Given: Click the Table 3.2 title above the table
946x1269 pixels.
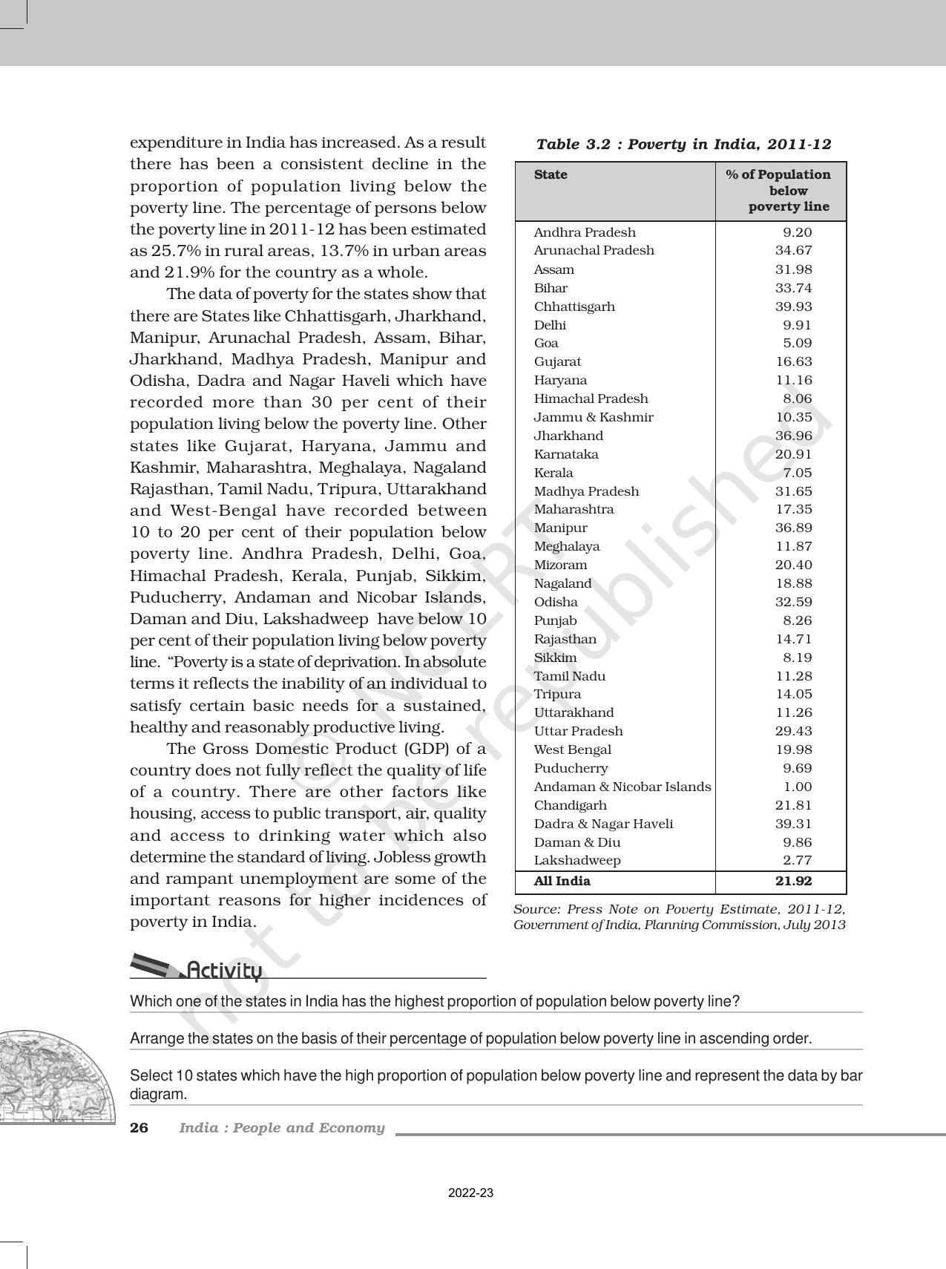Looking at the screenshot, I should [683, 144].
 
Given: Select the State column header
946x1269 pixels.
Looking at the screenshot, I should [551, 175].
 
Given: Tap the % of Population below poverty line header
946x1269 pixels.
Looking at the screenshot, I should [778, 191].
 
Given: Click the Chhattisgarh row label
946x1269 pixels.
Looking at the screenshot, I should [574, 306].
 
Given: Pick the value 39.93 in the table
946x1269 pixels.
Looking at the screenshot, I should [793, 306].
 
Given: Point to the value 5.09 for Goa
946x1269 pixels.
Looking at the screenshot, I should [797, 343].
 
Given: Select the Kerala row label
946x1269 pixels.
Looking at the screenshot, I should [554, 473].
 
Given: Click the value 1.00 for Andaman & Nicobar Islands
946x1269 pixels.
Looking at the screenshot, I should [797, 787].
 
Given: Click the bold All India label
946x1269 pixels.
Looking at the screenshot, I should [562, 882].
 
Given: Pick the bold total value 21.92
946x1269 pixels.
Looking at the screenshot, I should [793, 882].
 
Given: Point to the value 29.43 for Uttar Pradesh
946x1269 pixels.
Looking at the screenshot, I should [793, 731].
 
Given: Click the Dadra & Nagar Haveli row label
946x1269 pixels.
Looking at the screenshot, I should [603, 824].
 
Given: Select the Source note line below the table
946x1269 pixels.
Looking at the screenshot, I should [680, 916].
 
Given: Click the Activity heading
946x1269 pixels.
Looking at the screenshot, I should [224, 970].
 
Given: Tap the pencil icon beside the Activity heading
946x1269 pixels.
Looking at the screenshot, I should [156, 965].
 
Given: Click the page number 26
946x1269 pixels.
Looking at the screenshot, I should [139, 1128].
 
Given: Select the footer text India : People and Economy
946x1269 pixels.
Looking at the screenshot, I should [282, 1128].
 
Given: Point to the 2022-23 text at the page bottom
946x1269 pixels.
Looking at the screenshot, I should [470, 1193].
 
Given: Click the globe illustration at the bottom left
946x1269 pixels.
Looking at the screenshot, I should [52, 1076].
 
